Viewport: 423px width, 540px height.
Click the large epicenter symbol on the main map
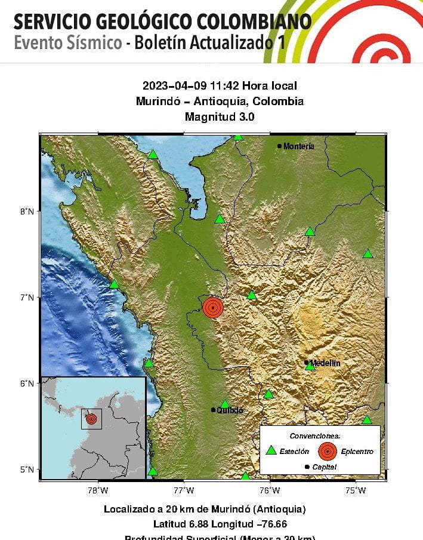(213, 307)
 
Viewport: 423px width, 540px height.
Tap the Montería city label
(298, 146)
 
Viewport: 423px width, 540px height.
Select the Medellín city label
(325, 363)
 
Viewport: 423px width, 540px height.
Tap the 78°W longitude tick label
(98, 491)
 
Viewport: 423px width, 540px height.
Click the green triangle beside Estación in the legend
(271, 451)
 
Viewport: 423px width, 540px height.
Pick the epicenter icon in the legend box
(327, 451)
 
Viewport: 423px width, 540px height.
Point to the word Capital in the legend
(325, 467)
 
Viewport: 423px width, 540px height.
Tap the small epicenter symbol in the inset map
(91, 419)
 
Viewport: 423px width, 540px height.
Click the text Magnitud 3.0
(220, 117)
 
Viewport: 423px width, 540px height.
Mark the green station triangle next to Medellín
(310, 366)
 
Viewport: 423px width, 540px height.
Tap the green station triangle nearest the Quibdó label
(225, 404)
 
